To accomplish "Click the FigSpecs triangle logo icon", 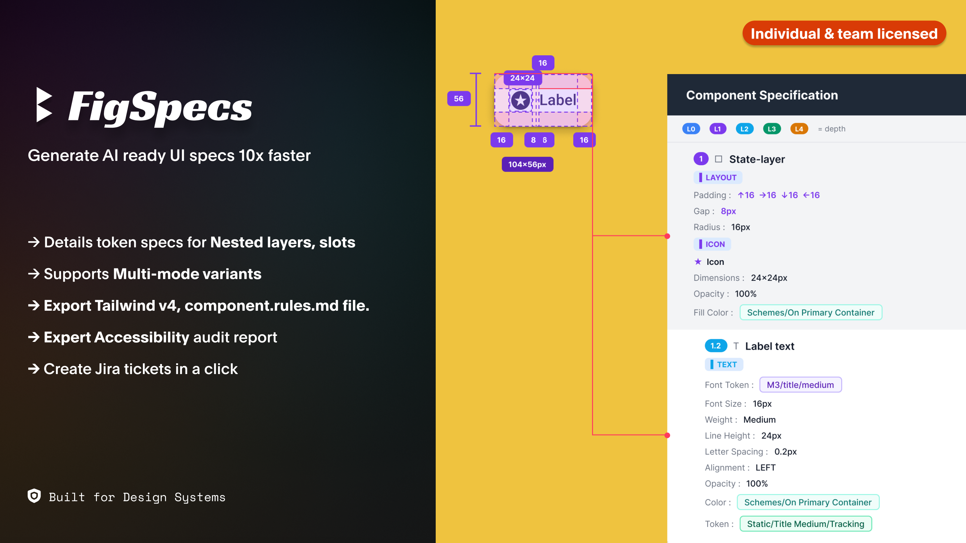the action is click(x=44, y=105).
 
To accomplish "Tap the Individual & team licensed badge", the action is click(x=844, y=34).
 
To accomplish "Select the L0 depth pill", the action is click(x=691, y=129).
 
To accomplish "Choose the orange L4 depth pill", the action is click(x=799, y=129).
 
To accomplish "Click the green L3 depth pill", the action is click(x=772, y=129).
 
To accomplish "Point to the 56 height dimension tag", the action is click(x=459, y=99).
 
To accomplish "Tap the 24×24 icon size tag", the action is click(x=522, y=78).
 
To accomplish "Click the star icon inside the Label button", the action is click(x=521, y=100).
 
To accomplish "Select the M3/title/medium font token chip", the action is click(x=800, y=385).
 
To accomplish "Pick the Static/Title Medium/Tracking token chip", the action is click(x=805, y=524).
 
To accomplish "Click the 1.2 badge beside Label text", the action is click(x=715, y=346).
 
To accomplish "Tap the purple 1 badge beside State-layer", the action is click(x=700, y=159).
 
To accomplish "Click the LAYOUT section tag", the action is click(x=718, y=178).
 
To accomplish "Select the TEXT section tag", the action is click(x=724, y=365).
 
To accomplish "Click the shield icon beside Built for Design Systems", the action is click(x=34, y=496).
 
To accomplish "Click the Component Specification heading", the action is click(x=762, y=95).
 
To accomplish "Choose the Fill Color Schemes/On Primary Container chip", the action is click(x=811, y=312).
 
